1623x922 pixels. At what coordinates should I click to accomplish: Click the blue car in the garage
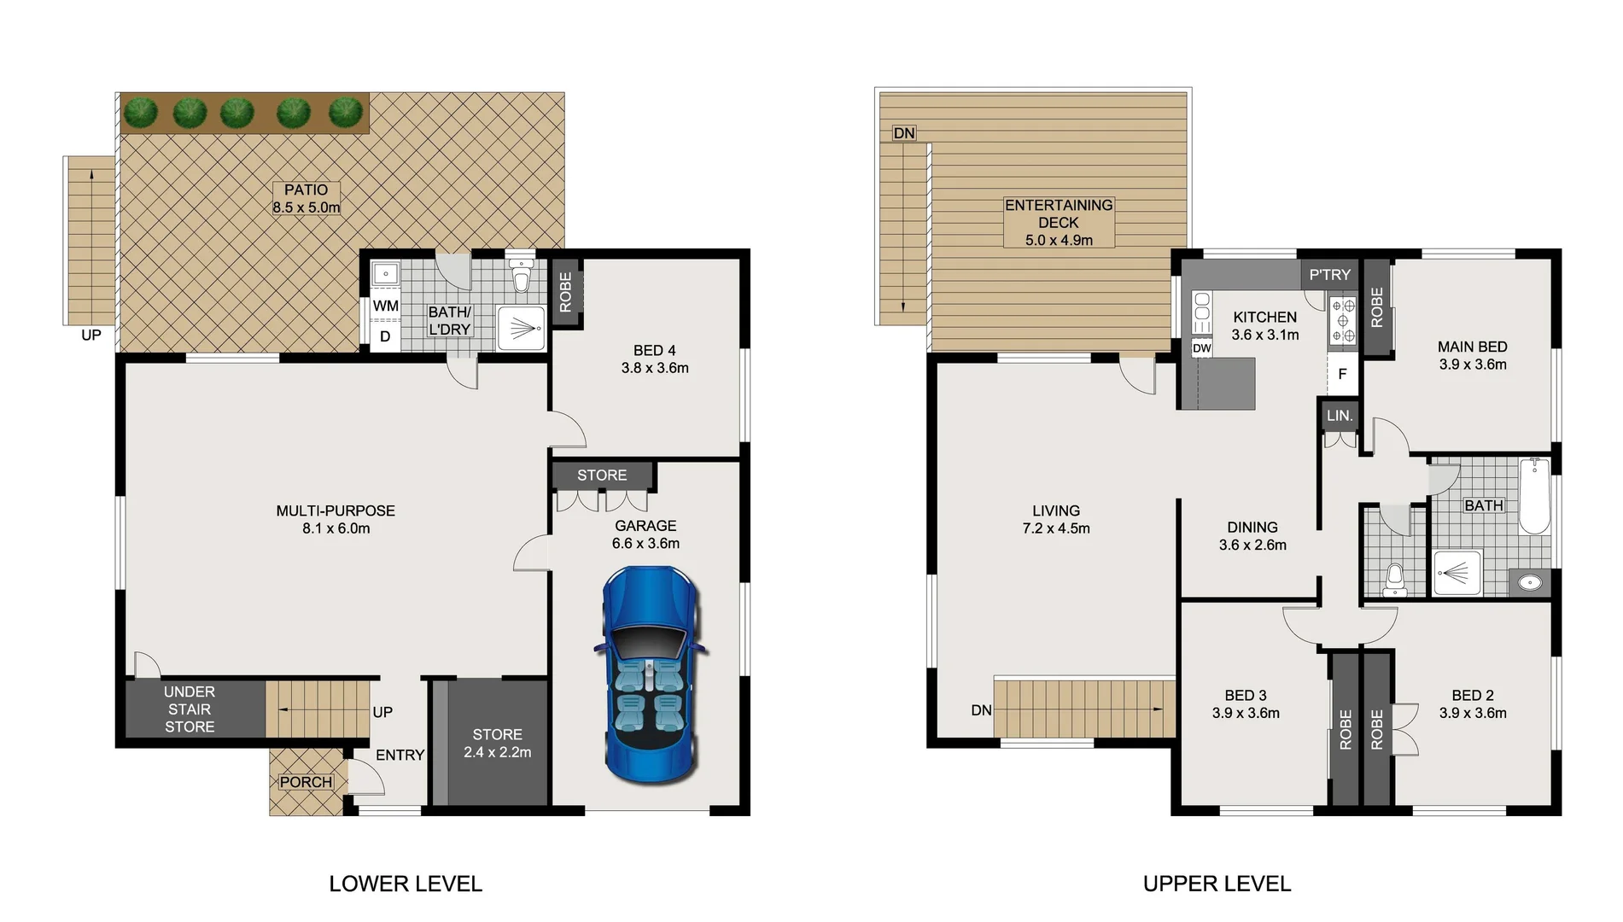(651, 674)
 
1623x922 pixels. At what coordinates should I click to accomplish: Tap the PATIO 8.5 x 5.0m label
(307, 199)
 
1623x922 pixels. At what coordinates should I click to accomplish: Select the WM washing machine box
(386, 306)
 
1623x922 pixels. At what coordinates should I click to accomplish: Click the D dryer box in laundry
(385, 336)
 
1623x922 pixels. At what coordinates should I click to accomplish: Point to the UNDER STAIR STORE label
(190, 709)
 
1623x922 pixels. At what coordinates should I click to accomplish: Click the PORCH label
(306, 782)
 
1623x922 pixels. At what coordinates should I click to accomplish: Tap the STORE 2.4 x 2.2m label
(497, 744)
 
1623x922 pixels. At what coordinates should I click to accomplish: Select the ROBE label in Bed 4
(565, 292)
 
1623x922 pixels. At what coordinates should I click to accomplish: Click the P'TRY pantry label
(1329, 275)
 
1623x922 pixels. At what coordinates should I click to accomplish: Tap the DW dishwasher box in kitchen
(1201, 348)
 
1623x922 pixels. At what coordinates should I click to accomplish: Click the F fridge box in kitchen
(1342, 374)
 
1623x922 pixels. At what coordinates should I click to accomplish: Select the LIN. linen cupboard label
(1340, 416)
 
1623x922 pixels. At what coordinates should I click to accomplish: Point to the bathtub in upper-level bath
(1534, 497)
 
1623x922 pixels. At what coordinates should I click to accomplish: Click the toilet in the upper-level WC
(1394, 580)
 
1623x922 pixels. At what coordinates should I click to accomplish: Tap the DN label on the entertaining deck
(904, 133)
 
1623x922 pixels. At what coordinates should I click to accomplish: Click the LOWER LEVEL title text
(406, 884)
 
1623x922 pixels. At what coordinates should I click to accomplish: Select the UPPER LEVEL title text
(1217, 884)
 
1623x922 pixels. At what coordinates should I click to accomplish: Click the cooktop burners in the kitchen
(1342, 321)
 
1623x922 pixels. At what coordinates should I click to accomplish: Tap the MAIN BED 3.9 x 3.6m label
(1472, 355)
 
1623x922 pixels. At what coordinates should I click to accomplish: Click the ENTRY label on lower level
(400, 756)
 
